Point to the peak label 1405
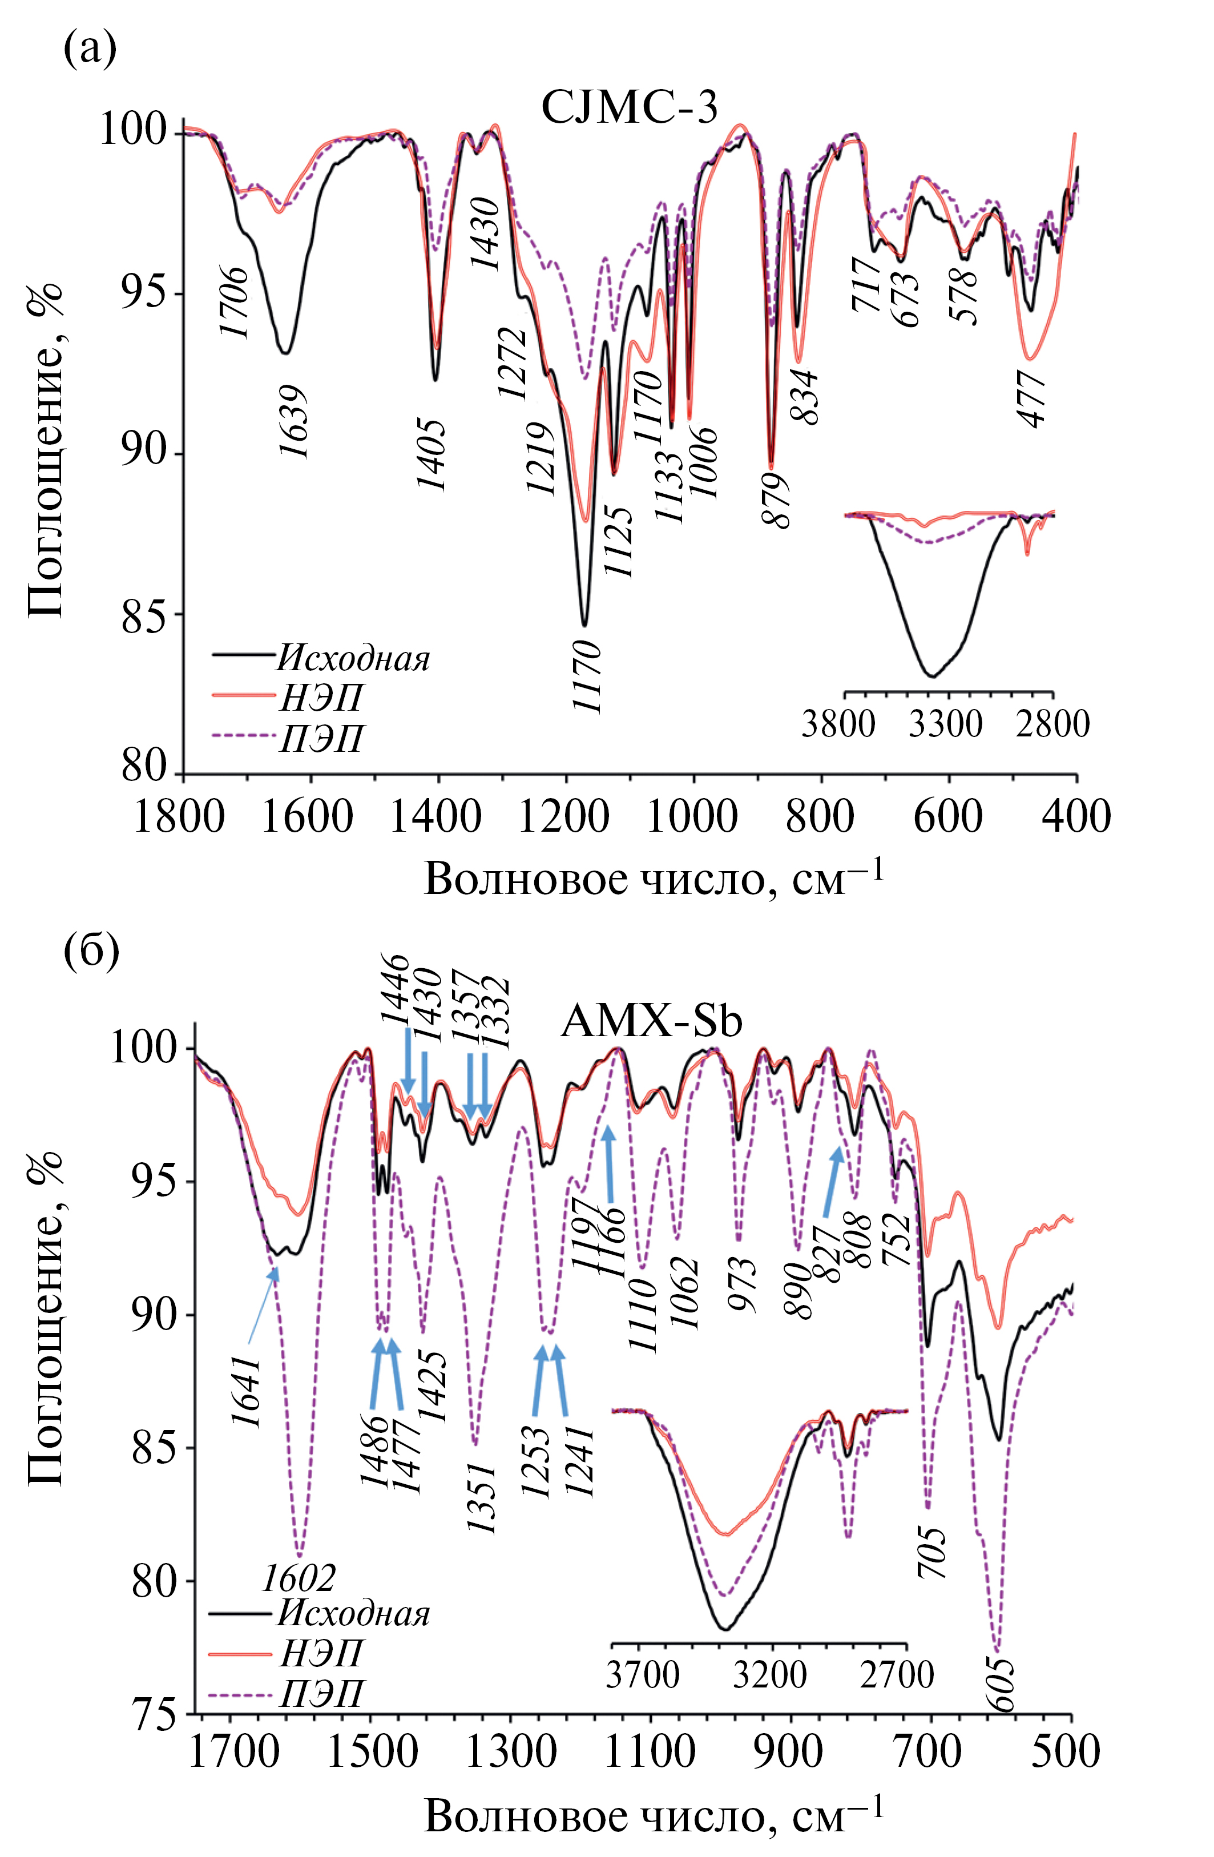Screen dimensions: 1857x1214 431,454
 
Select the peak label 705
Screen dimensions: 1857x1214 933,1553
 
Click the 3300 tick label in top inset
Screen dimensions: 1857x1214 946,724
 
